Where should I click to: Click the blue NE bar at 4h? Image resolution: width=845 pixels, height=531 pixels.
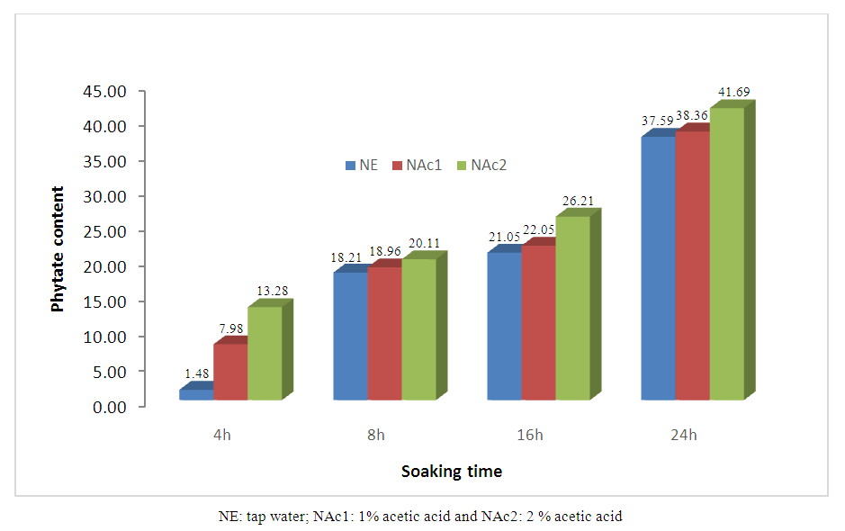coord(196,394)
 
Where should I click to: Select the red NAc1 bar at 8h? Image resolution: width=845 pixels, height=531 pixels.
coord(384,333)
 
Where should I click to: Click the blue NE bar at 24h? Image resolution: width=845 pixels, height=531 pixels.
coord(658,268)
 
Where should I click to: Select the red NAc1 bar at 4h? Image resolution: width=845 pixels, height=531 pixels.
coord(230,372)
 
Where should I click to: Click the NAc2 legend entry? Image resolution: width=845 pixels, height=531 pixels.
coord(483,165)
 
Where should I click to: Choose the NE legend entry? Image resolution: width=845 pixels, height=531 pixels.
coord(361,165)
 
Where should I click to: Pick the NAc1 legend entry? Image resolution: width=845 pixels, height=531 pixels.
coord(417,165)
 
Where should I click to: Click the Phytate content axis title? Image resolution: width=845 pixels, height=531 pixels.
coord(58,248)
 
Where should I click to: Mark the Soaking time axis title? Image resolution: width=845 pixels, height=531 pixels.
coord(452,471)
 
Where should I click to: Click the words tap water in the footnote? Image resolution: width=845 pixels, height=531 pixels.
coord(271,517)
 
